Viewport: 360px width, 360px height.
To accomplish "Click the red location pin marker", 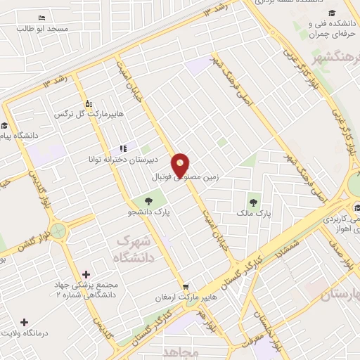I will (181, 165).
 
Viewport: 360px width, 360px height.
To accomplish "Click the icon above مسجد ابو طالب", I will (43, 18).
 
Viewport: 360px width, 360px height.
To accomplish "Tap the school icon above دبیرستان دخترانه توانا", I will (124, 148).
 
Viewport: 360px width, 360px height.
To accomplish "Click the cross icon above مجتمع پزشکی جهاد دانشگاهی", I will (86, 274).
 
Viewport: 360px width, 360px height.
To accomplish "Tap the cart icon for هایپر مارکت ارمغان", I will (185, 287).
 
